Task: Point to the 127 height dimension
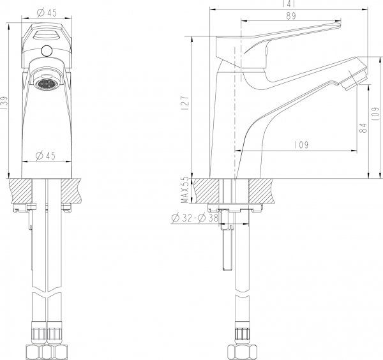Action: (x=185, y=104)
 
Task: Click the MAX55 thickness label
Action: (x=185, y=189)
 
